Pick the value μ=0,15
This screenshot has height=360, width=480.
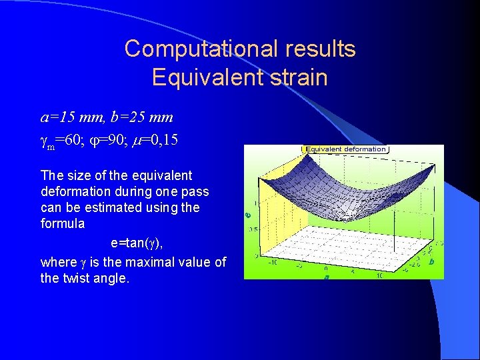pyautogui.click(x=157, y=141)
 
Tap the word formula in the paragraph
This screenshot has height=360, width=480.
pyautogui.click(x=63, y=223)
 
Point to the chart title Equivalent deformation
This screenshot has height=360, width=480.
pyautogui.click(x=345, y=149)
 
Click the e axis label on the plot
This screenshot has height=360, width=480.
pyautogui.click(x=248, y=215)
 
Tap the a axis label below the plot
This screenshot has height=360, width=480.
pyautogui.click(x=327, y=276)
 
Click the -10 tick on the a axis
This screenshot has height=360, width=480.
pyautogui.click(x=273, y=262)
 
